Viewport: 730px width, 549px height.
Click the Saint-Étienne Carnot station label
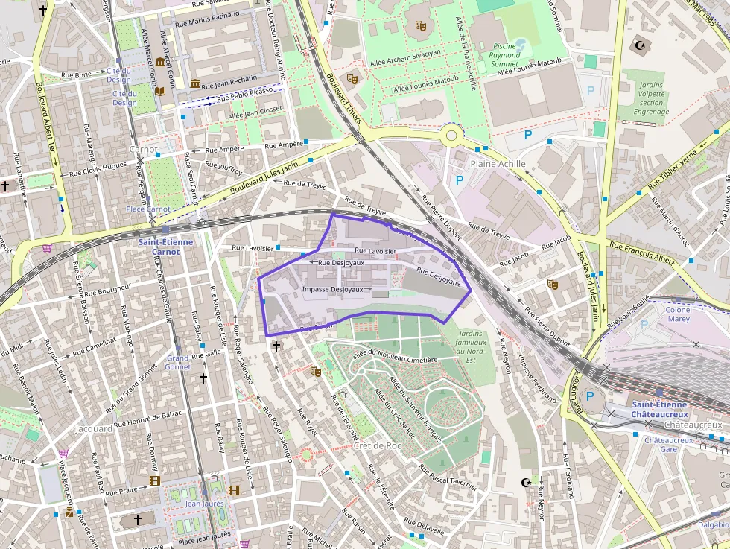(x=166, y=247)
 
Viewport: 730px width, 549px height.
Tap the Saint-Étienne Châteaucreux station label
(x=659, y=409)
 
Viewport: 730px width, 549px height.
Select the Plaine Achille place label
(x=498, y=164)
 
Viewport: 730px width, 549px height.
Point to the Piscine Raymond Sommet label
(x=506, y=54)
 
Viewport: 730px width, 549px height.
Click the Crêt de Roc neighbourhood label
(x=378, y=445)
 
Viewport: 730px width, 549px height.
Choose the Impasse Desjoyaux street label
(x=332, y=289)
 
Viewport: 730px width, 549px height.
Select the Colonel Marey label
(x=678, y=314)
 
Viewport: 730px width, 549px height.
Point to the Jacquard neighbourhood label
(x=94, y=429)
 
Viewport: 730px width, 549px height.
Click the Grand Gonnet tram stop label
(x=178, y=363)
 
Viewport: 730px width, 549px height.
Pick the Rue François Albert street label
(x=641, y=254)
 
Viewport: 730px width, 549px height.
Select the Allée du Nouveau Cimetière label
(x=395, y=359)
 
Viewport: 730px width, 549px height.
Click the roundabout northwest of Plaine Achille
(x=451, y=136)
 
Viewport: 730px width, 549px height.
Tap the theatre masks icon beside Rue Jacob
(x=552, y=283)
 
